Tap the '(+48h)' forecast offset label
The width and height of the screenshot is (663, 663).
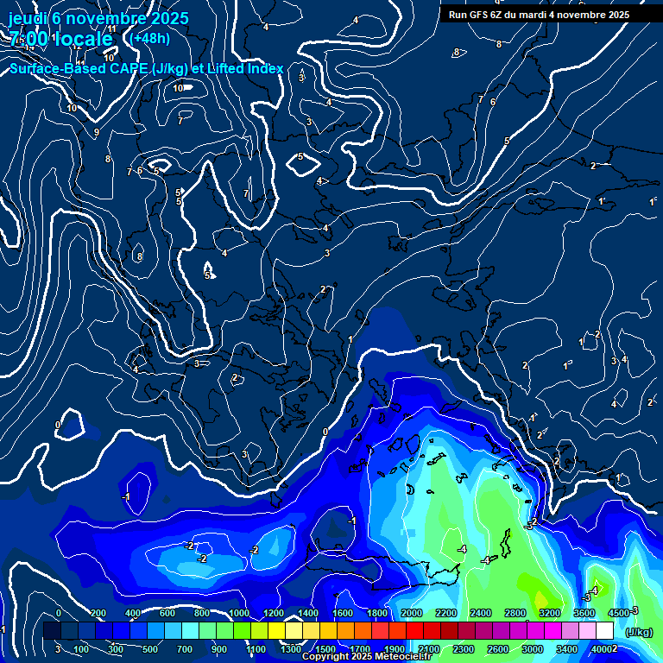click(x=150, y=38)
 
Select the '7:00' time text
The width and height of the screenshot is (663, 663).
click(x=28, y=39)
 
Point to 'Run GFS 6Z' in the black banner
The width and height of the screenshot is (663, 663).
click(x=476, y=15)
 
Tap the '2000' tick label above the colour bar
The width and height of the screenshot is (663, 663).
click(x=412, y=613)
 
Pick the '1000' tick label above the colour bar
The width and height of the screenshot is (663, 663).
click(x=239, y=613)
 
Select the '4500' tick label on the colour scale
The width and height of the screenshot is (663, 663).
click(x=619, y=613)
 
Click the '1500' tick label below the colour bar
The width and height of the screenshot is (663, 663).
click(x=325, y=649)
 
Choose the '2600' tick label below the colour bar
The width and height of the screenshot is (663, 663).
click(x=497, y=649)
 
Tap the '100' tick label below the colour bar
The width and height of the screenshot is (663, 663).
click(x=81, y=649)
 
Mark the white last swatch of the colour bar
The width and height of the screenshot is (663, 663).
click(x=604, y=631)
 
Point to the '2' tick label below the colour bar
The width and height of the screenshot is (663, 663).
click(x=615, y=649)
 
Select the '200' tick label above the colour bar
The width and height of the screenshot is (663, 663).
click(x=98, y=613)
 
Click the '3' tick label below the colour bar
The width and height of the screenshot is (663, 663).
click(x=57, y=649)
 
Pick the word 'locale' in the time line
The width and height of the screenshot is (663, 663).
click(x=82, y=39)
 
